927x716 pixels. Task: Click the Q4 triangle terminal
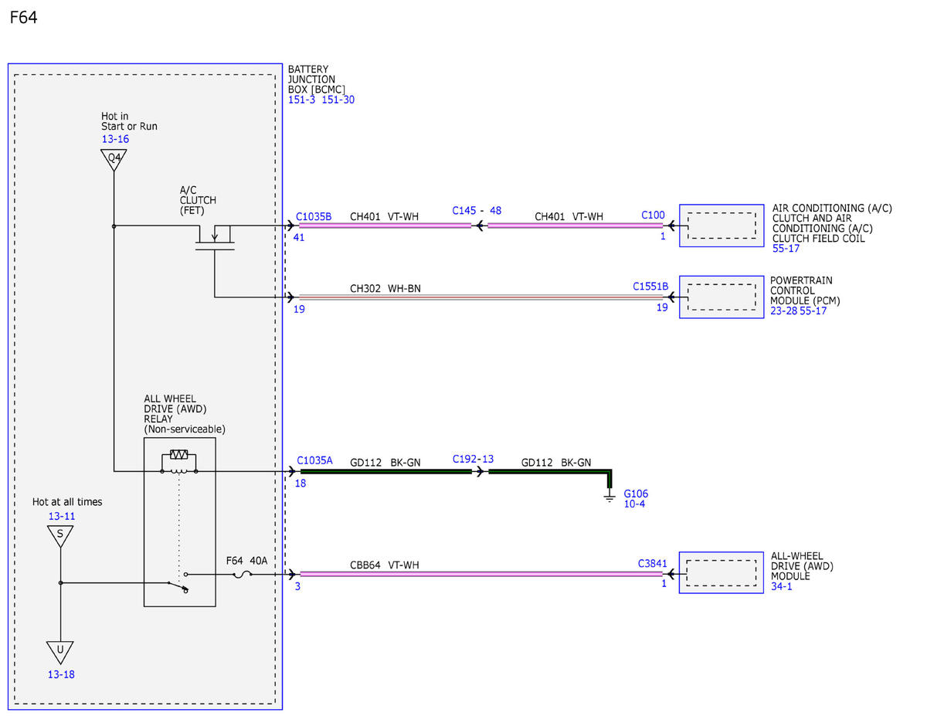pos(114,159)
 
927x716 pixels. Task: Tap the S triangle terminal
pos(60,536)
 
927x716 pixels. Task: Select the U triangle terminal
pos(60,653)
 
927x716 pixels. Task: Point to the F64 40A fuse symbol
pos(243,575)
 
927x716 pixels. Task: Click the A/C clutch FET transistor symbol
pos(215,237)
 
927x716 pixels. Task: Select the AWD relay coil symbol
pos(178,462)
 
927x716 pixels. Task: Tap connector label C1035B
pos(314,216)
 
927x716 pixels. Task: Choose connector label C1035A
pos(314,460)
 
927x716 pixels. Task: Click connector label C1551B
pos(650,286)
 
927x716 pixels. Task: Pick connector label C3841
pos(652,563)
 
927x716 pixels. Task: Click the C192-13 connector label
pos(473,459)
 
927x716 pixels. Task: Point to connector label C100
pos(653,215)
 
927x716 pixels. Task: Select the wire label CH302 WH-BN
pos(385,289)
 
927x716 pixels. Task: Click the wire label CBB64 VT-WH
pos(385,565)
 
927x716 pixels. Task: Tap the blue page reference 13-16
pos(115,139)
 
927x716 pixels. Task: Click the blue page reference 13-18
pos(61,674)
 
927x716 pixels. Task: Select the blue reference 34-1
pos(781,586)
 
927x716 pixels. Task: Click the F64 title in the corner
pos(23,18)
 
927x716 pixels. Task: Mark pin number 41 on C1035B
pos(299,238)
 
